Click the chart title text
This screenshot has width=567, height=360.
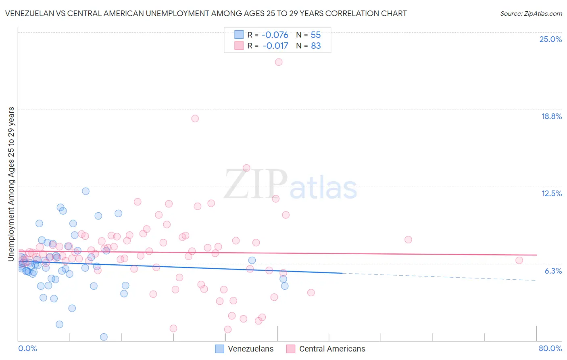(x=206, y=13)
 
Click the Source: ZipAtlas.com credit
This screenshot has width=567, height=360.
(x=531, y=13)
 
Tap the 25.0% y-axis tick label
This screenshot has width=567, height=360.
(x=550, y=39)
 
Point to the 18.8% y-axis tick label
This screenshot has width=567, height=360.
(x=551, y=116)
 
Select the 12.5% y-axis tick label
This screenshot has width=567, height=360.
(x=551, y=193)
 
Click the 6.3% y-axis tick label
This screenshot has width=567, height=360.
(x=553, y=271)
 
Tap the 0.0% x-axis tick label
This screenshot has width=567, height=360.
(x=27, y=348)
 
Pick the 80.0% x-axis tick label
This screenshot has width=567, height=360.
(x=550, y=348)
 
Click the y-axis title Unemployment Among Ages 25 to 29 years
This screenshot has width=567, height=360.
(x=11, y=184)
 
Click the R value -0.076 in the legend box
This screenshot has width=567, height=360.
(x=275, y=35)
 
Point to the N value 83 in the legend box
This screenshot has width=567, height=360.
(x=316, y=46)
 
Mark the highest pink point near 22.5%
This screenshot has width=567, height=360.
(x=279, y=62)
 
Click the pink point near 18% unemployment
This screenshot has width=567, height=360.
(x=195, y=119)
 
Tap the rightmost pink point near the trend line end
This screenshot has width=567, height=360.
(x=519, y=260)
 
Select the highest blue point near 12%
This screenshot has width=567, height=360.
(x=85, y=191)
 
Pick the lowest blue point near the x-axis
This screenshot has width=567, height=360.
(x=104, y=337)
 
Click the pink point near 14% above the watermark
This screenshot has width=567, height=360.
(x=246, y=168)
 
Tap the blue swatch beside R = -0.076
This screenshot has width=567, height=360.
(x=239, y=35)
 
